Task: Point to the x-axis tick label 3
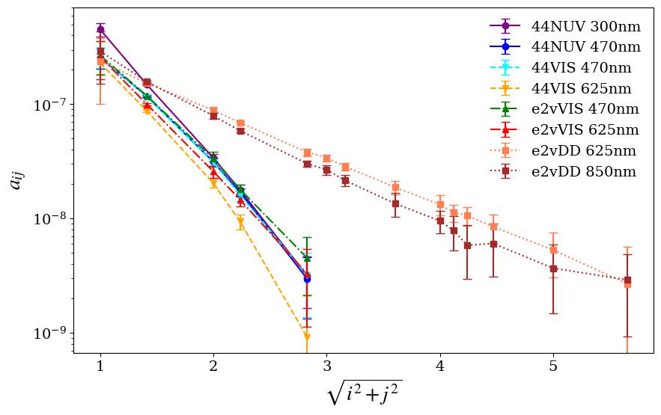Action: coord(326,366)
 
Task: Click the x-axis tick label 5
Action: coord(553,366)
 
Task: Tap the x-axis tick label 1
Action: coord(100,366)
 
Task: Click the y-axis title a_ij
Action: coord(17,180)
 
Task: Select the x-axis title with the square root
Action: coord(363,395)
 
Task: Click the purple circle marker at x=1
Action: coord(100,29)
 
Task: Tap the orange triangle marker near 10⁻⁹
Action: coord(307,336)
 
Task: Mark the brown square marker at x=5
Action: coord(553,268)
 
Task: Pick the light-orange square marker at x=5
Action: coord(553,250)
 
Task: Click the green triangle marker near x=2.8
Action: coord(307,258)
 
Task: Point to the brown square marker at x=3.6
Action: coord(395,203)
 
